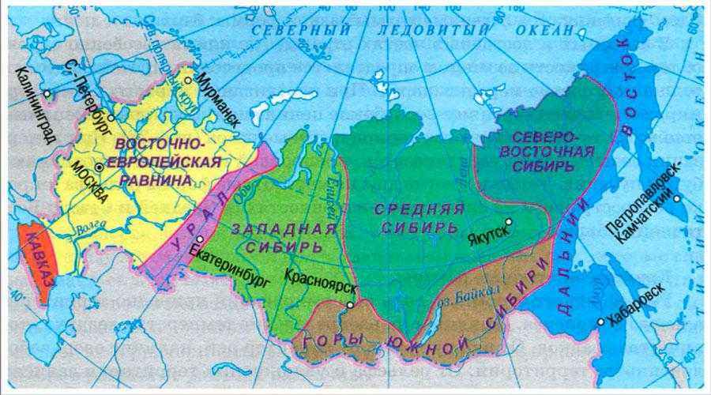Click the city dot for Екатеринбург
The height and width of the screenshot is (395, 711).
click(x=200, y=239)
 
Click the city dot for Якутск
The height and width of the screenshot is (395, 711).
click(x=509, y=222)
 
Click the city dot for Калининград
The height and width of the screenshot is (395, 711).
click(x=47, y=93)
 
